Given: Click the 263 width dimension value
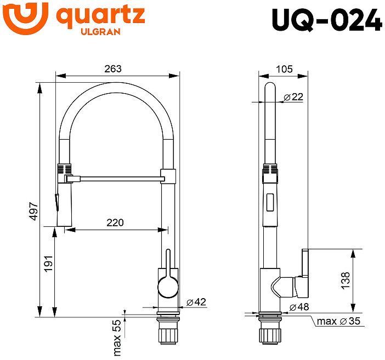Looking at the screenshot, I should click(112, 68).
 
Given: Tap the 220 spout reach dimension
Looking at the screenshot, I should click(115, 222).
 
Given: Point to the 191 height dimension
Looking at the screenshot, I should click(48, 264).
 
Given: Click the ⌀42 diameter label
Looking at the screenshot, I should click(196, 302).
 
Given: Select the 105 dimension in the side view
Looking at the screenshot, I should click(284, 68).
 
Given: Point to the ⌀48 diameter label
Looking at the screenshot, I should click(300, 307).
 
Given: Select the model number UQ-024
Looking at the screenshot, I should click(326, 21).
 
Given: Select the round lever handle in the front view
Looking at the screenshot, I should click(167, 285).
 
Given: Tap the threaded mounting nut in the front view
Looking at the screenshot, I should click(167, 334).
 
